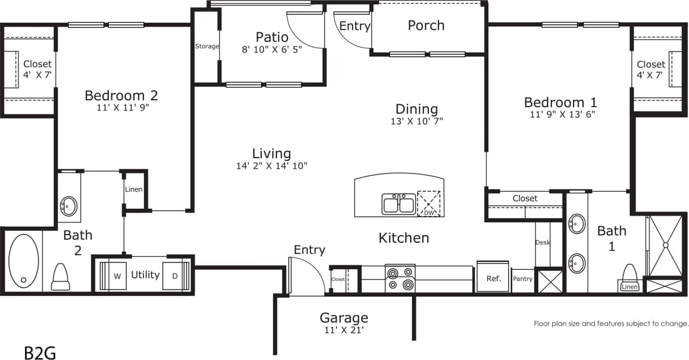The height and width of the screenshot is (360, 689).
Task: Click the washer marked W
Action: [x=117, y=276]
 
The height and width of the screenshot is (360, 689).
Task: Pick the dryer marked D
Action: [x=175, y=276]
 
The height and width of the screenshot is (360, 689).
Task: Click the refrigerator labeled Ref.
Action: [x=493, y=278]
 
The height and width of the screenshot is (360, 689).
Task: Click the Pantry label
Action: [x=522, y=279]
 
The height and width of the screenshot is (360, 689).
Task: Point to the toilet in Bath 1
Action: [x=630, y=274]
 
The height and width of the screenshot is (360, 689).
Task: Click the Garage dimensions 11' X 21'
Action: [x=343, y=330]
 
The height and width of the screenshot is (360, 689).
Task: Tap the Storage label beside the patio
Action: [x=207, y=46]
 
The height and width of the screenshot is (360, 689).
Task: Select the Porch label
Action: [x=426, y=26]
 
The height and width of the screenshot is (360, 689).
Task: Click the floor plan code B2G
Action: [x=40, y=353]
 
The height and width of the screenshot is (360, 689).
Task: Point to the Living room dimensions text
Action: [x=271, y=166]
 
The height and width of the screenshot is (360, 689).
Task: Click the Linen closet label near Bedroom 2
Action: [x=134, y=189]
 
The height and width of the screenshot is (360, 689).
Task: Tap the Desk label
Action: [x=542, y=243]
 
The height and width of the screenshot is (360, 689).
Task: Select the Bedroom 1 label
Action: [x=560, y=103]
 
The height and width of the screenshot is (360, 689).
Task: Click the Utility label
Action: [x=145, y=275]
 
